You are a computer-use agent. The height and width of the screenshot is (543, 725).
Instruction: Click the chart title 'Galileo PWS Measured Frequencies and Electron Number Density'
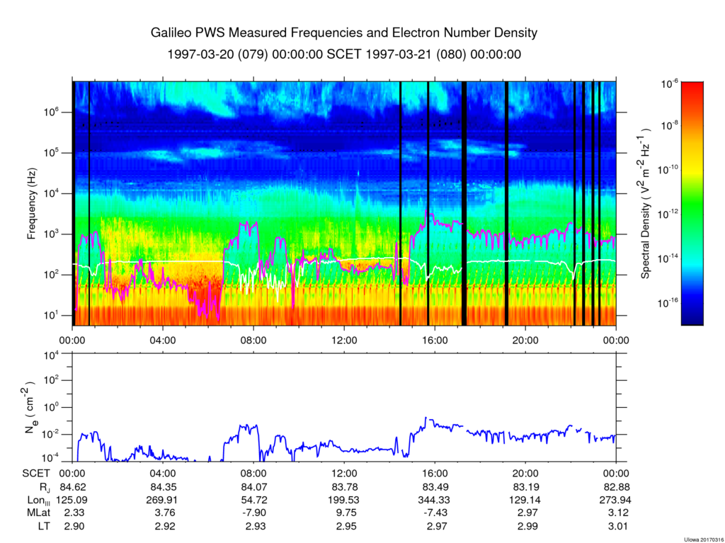344,33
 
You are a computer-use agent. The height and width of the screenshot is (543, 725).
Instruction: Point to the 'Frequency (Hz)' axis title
32,209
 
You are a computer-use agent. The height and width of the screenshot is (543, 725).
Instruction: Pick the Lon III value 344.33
435,499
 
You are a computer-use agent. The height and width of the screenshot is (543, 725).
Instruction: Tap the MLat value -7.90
253,512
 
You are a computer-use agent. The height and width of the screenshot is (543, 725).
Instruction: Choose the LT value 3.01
616,525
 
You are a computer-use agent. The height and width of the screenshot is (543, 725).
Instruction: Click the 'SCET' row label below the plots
35,474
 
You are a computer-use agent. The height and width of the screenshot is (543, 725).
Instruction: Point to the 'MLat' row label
35,512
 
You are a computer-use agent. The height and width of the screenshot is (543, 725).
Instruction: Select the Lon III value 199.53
344,499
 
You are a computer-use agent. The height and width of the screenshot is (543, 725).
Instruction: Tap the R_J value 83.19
525,487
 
